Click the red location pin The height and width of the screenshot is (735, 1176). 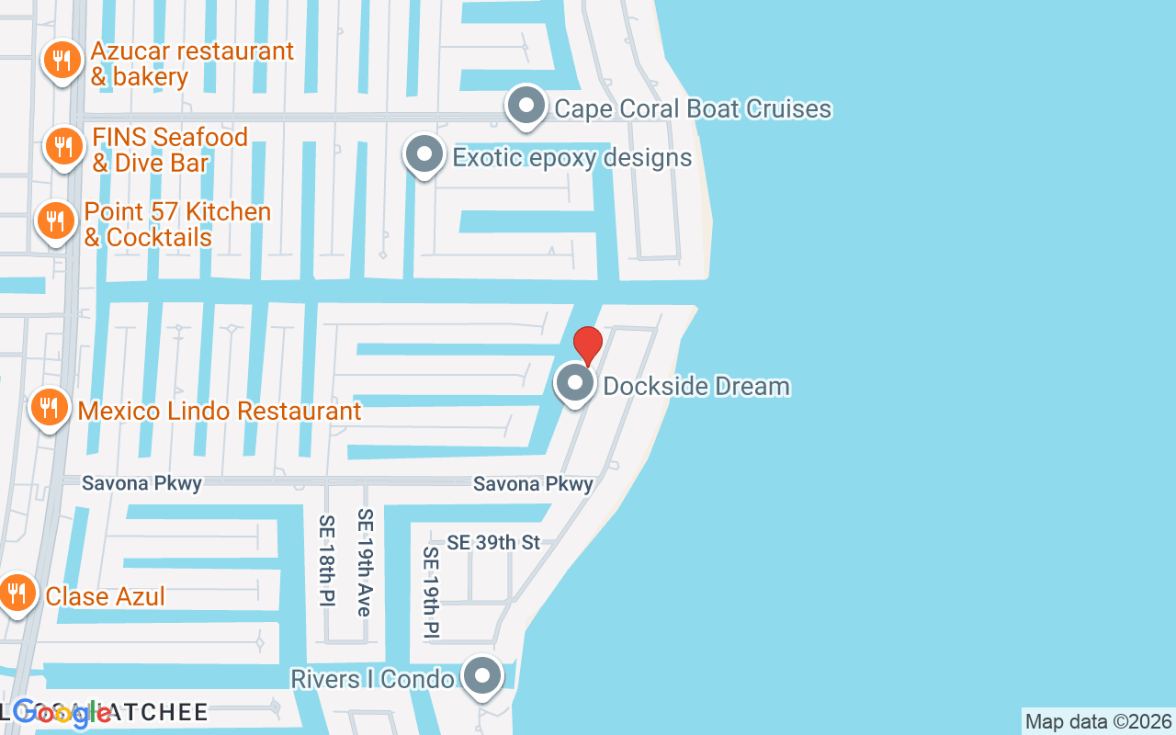587,345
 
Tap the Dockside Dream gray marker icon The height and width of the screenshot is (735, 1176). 576,384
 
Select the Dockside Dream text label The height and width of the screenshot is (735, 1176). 696,386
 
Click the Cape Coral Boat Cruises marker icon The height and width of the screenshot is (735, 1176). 526,107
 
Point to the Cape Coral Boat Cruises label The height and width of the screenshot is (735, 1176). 693,108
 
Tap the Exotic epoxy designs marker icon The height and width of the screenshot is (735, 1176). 424,155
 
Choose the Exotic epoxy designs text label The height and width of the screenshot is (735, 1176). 571,157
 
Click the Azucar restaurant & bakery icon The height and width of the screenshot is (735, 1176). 62,62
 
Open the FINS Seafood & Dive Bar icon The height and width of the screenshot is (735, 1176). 63,147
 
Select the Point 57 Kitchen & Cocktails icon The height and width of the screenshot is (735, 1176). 56,222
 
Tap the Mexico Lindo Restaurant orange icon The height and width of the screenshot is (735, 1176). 50,409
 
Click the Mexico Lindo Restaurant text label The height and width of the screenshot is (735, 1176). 220,411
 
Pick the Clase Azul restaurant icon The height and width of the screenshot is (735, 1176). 17,594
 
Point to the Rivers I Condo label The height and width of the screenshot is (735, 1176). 372,679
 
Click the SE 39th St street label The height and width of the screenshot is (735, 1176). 493,543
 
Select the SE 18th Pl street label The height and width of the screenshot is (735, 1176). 328,560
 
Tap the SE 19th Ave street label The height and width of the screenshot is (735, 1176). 366,562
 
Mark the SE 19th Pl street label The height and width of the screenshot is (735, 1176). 431,593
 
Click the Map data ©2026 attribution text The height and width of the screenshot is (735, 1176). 1098,721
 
